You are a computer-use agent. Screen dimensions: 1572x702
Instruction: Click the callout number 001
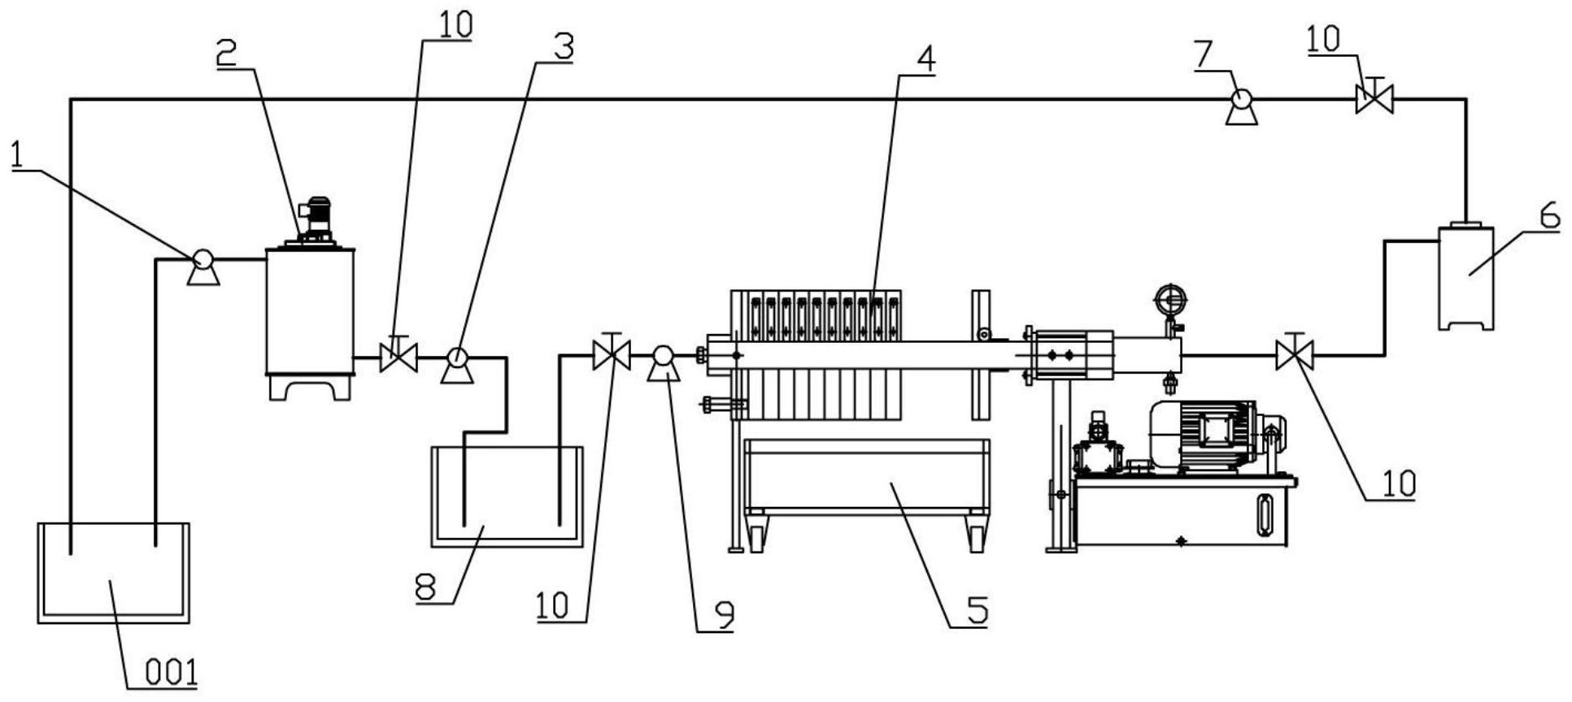(x=172, y=673)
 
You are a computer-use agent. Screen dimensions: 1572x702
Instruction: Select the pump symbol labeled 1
(x=202, y=267)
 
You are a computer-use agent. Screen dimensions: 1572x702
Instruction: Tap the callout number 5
(x=977, y=610)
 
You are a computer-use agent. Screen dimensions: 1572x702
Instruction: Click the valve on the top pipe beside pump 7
(x=1374, y=97)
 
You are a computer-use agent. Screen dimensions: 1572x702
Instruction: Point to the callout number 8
(x=426, y=587)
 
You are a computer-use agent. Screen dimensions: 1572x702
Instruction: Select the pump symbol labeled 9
(x=663, y=362)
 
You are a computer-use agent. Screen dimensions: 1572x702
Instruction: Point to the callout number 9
(x=723, y=616)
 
